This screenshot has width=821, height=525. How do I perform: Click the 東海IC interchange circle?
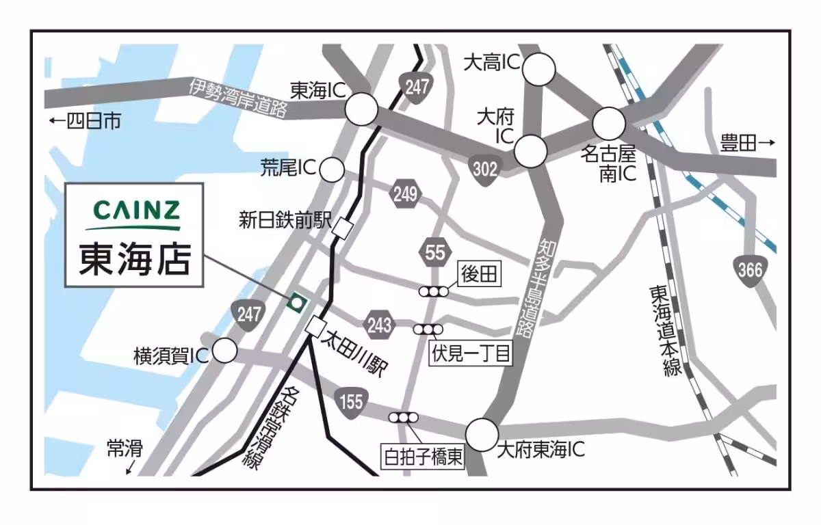click(x=361, y=109)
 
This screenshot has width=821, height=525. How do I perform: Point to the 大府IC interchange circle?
click(x=530, y=151)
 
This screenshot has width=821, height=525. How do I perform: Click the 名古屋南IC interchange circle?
click(x=609, y=124)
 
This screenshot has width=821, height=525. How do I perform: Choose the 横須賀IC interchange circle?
click(x=224, y=351)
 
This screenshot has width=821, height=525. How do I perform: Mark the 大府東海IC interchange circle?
click(x=482, y=435)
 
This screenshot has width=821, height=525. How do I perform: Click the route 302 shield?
click(x=485, y=168)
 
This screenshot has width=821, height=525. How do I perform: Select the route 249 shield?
click(x=405, y=195)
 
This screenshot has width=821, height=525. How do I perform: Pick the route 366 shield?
click(x=751, y=270)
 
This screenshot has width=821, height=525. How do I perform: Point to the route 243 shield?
click(x=379, y=324)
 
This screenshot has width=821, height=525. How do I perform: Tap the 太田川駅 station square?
click(x=315, y=327)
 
